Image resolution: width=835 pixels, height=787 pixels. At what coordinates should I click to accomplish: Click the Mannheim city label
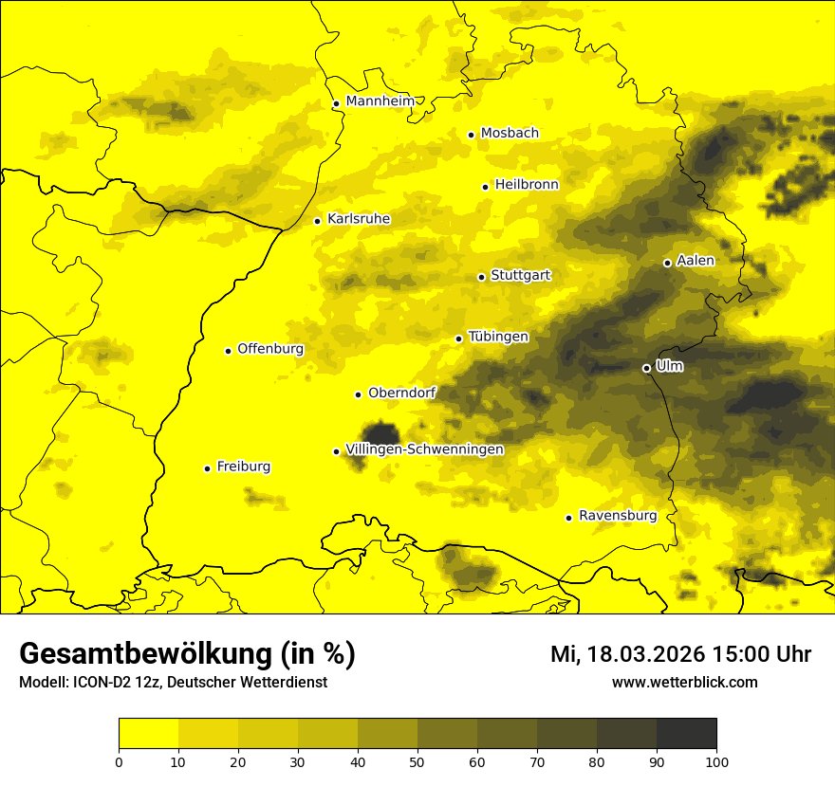click(380, 101)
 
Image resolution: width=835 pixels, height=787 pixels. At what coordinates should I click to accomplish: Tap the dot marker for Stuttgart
click(481, 277)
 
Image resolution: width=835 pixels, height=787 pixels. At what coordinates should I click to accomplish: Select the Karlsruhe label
click(358, 219)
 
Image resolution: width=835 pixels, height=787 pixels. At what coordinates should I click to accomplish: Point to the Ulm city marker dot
click(646, 368)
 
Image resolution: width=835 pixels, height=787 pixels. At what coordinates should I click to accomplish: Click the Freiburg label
click(243, 467)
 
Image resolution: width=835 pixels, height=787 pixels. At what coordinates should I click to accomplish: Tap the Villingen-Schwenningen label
click(424, 449)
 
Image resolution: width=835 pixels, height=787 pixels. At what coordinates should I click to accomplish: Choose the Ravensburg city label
click(617, 516)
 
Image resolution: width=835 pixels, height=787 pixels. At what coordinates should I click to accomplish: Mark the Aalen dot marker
click(667, 263)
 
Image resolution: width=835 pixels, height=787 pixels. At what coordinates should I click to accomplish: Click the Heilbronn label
click(527, 185)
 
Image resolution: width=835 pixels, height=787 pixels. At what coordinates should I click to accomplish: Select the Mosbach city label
click(510, 134)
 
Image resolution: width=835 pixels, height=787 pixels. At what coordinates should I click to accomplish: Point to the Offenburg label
click(270, 349)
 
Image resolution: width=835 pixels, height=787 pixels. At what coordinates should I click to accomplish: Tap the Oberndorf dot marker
click(358, 394)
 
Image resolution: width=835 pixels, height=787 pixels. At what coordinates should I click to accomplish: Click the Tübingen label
click(498, 337)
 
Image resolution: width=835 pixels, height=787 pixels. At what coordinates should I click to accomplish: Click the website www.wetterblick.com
click(684, 682)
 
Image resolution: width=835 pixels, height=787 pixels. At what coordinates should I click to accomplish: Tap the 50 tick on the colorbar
click(417, 760)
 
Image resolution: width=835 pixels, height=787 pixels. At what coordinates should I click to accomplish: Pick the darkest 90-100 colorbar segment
click(686, 733)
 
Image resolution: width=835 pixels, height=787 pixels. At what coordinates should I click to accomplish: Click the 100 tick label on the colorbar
click(716, 760)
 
